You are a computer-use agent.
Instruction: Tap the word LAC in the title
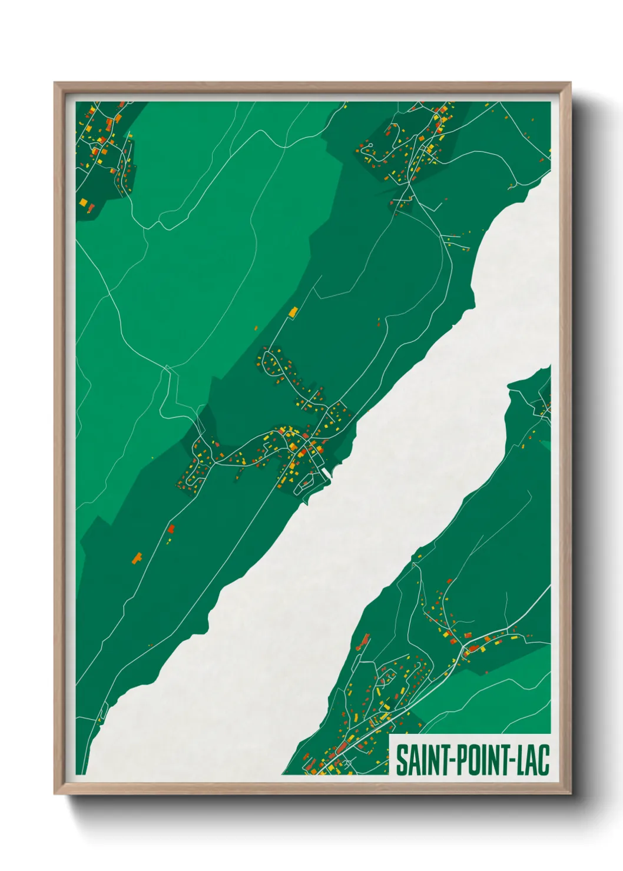click(x=533, y=760)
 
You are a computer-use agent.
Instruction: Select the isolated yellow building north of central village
click(x=293, y=311)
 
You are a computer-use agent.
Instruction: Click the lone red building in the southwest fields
click(x=171, y=528)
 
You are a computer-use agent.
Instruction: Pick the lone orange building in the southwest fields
click(x=138, y=557)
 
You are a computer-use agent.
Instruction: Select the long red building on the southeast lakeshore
click(x=365, y=640)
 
